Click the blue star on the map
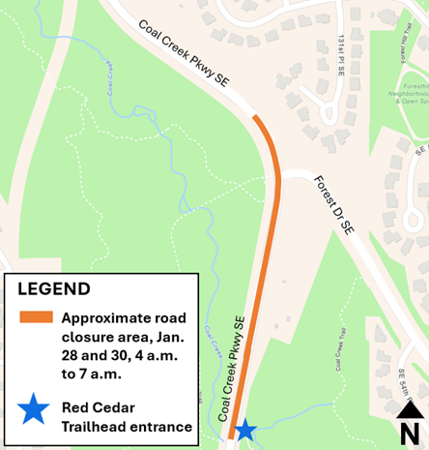tap(245, 429)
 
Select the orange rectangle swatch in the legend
tap(36, 317)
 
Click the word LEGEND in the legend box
tap(54, 289)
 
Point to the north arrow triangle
tap(409, 411)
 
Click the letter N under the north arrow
tap(409, 434)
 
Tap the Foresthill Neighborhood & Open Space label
tap(406, 93)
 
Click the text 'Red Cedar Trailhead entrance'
tap(127, 416)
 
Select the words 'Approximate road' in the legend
tap(124, 317)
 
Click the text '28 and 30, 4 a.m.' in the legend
tap(123, 354)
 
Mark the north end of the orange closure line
tap(256, 118)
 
